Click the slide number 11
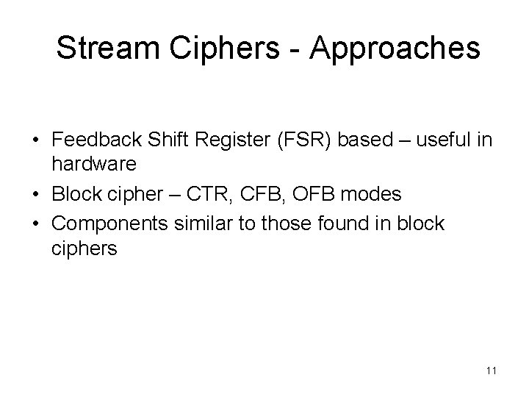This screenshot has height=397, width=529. point(492,371)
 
